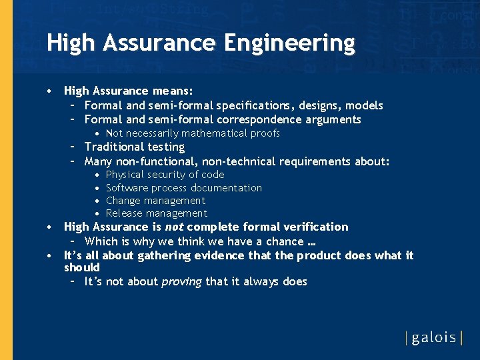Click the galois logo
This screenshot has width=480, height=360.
[x=434, y=337]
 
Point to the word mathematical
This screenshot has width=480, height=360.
[x=215, y=133]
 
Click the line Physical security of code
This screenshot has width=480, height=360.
[x=165, y=175]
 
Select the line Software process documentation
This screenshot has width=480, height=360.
[x=183, y=188]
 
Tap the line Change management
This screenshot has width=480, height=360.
[x=155, y=201]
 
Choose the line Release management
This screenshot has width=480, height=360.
[x=156, y=213]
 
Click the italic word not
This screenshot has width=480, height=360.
[x=174, y=227]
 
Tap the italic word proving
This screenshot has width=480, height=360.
[x=181, y=282]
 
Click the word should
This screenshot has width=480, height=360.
[x=81, y=268]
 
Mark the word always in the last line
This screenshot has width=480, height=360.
[x=261, y=282]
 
